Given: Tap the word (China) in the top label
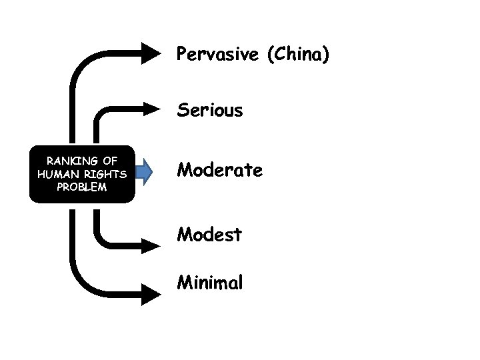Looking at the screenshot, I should (x=297, y=55).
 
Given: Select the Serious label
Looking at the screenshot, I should (x=209, y=110).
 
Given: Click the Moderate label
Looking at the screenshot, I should (x=219, y=171).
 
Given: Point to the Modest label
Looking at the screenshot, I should (x=209, y=235).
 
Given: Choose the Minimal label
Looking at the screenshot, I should (x=209, y=283).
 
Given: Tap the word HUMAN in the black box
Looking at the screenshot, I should (x=57, y=173).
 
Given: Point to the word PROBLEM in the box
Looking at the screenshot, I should (x=81, y=187).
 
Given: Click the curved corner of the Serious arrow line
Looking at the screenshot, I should (x=101, y=113).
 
